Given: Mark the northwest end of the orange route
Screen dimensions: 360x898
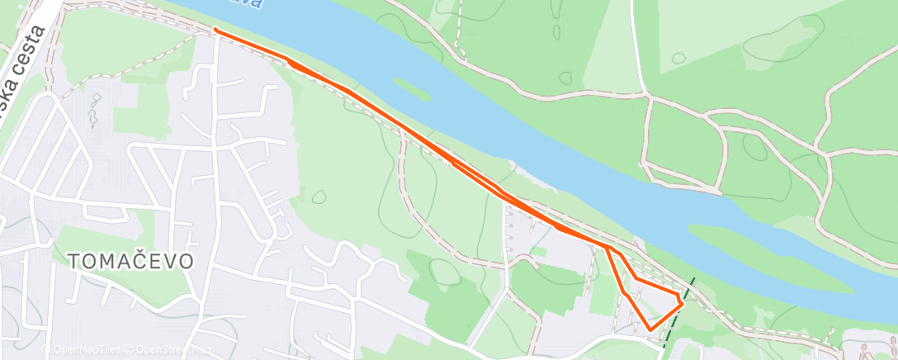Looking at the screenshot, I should [215, 30].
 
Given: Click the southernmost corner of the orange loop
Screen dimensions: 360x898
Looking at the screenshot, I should [651, 329].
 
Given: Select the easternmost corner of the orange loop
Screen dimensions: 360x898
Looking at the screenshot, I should [683, 304].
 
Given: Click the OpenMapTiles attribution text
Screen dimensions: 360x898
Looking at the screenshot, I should [84, 350].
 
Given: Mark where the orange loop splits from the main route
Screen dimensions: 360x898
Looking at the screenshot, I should [607, 247].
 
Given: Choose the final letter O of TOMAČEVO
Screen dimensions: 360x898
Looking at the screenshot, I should [187, 262].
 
